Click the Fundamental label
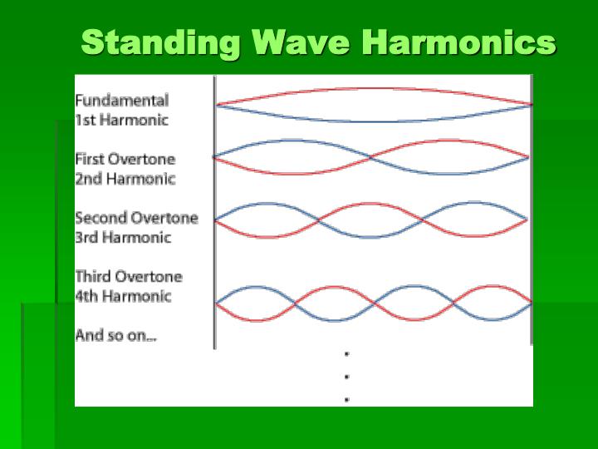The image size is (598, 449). [121, 101]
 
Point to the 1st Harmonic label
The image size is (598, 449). [121, 120]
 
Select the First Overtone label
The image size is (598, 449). [125, 159]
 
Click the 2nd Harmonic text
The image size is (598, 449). [125, 178]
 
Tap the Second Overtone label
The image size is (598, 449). [136, 218]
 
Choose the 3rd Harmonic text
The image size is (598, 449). [123, 237]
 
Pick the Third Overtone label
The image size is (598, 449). [128, 276]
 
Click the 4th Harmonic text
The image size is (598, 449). [123, 295]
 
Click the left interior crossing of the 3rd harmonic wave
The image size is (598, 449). [318, 220]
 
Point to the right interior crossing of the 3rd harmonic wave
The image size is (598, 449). [424, 220]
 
